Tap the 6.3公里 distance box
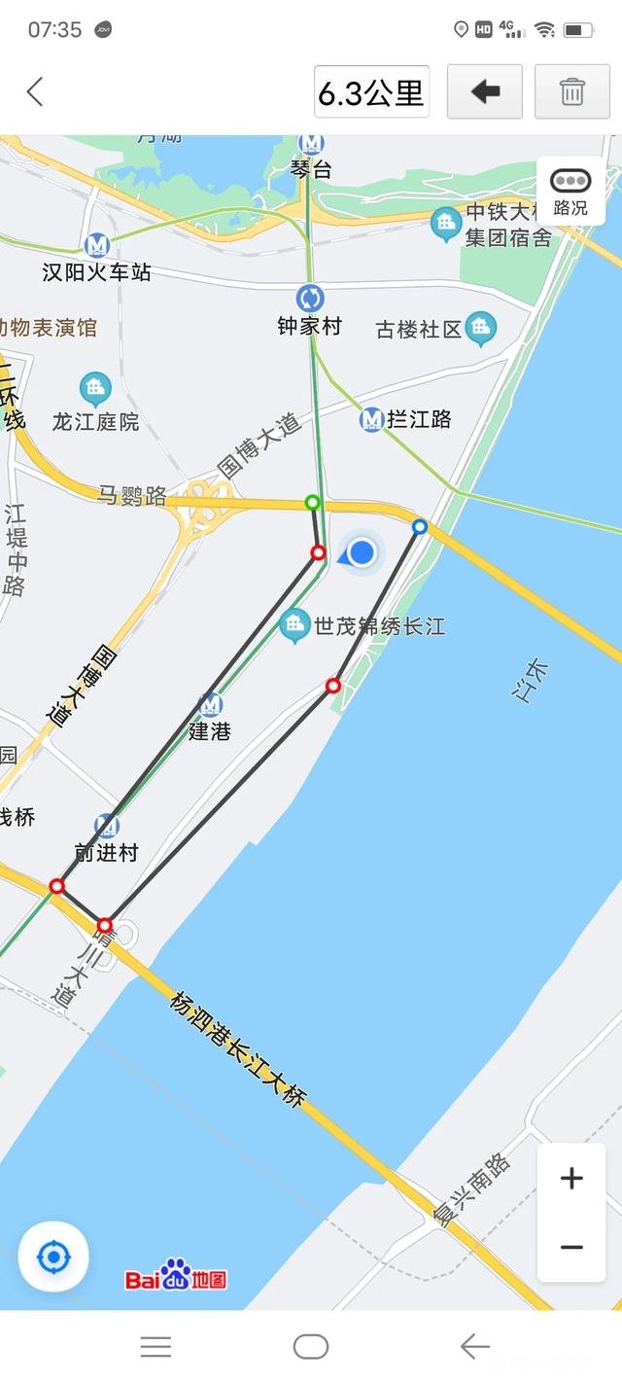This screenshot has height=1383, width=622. click(371, 92)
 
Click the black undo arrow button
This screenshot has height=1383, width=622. click(484, 92)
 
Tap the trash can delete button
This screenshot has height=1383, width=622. click(571, 92)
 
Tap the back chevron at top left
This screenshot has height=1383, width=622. click(35, 92)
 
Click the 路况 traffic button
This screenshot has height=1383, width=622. click(570, 191)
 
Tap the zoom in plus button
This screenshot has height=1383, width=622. click(571, 1179)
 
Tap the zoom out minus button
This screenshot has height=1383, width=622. click(571, 1247)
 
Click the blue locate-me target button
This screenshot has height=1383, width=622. click(53, 1258)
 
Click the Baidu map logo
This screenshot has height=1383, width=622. click(176, 1276)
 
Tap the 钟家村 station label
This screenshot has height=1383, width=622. click(310, 327)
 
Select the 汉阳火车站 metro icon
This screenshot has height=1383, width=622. click(96, 245)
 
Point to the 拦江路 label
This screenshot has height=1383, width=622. click(419, 420)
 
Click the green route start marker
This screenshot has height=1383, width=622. click(312, 502)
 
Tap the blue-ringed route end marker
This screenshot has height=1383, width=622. click(420, 526)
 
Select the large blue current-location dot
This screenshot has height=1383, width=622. click(362, 553)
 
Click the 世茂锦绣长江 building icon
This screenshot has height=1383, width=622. click(294, 625)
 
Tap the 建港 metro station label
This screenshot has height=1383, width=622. click(210, 731)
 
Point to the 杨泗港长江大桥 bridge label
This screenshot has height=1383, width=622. click(238, 1049)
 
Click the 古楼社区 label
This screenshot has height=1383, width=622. click(419, 330)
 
